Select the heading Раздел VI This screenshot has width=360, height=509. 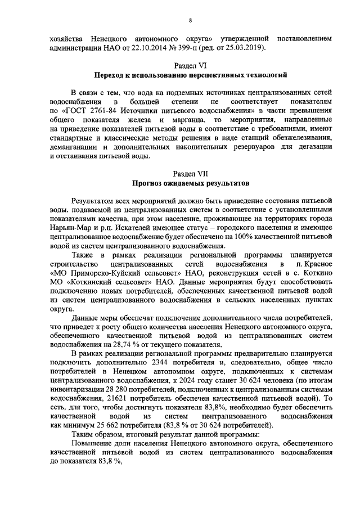191,65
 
